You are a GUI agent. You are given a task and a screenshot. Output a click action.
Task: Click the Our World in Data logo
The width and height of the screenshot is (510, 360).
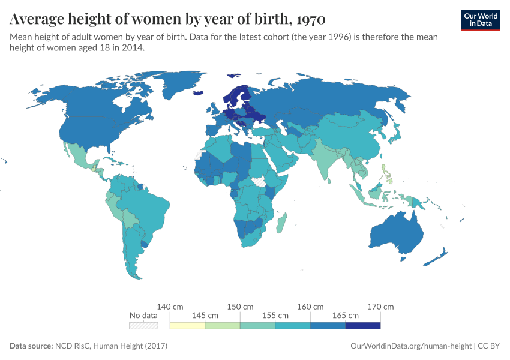480,19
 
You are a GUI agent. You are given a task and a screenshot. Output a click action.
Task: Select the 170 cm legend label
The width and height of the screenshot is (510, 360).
381,307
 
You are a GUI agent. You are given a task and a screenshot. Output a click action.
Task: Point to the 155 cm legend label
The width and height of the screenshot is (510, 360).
275,315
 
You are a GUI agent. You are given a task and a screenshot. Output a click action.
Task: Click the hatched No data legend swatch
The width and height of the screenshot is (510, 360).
143,326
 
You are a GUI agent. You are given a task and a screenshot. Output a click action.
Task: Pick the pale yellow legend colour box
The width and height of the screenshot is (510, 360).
187,326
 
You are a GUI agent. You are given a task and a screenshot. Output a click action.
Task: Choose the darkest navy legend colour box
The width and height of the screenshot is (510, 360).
363,326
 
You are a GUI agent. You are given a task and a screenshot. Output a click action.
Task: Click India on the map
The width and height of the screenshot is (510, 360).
327,159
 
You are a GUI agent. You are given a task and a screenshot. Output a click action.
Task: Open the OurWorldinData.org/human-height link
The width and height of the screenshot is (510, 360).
410,346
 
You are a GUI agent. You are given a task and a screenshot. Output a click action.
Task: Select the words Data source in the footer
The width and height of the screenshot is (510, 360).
31,346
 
